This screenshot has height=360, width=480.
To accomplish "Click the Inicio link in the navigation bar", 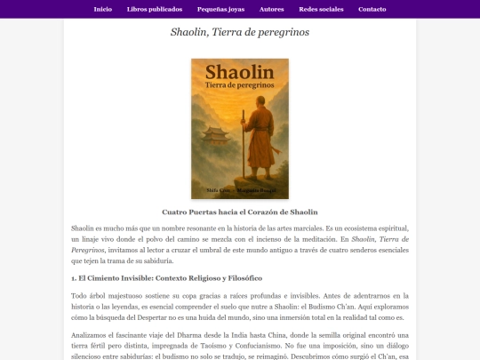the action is (x=102, y=9).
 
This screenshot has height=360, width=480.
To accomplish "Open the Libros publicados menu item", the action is (x=155, y=9).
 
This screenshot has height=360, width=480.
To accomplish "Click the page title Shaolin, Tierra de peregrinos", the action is (x=240, y=33).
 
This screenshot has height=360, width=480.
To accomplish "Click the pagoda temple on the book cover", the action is (x=215, y=139).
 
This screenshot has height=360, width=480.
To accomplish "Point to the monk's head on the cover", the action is (x=258, y=120).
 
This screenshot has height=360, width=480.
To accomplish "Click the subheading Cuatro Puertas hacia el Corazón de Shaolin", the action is (x=240, y=212).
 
